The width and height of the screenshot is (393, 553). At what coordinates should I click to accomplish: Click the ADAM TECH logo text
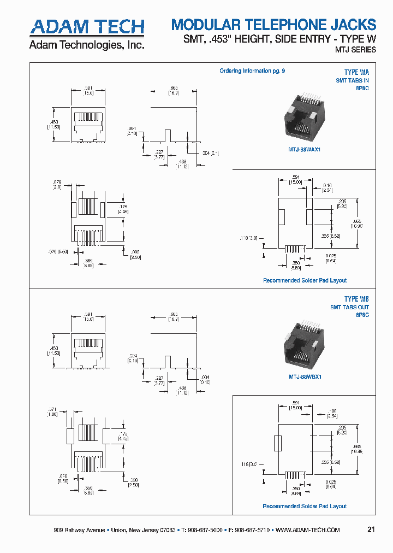click(87, 27)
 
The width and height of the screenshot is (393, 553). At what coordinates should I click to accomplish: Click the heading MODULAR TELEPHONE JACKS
click(273, 25)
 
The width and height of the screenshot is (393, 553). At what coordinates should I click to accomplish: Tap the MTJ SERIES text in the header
click(355, 50)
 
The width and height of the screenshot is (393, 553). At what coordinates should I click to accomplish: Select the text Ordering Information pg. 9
click(252, 71)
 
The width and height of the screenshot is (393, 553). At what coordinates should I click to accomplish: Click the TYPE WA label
click(356, 72)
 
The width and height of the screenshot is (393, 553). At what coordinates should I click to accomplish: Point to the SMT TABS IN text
click(352, 80)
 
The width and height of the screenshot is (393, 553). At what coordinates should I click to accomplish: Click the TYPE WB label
click(356, 299)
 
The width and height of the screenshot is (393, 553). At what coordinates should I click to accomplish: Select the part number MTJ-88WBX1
click(305, 376)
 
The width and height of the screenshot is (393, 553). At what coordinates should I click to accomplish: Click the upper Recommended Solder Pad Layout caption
click(305, 280)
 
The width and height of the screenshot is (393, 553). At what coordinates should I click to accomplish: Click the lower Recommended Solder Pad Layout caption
click(305, 506)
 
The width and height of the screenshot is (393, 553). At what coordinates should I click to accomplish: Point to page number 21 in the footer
click(371, 530)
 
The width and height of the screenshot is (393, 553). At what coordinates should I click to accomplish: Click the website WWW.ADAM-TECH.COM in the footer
click(308, 530)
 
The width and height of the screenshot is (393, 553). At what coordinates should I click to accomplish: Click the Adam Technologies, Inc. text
click(86, 45)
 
